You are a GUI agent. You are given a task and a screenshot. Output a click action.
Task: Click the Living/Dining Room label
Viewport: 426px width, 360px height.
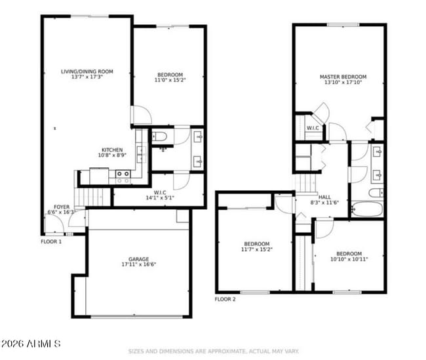click(x=87, y=71)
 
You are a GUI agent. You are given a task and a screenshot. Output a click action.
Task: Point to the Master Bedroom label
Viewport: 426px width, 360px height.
click(x=343, y=77)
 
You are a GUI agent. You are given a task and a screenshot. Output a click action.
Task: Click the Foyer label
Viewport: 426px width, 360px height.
click(x=62, y=207)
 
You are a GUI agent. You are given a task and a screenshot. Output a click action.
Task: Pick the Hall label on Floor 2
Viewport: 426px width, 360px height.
click(x=325, y=196)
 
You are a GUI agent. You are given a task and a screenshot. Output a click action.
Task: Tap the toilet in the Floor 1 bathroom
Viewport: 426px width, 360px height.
click(x=159, y=137)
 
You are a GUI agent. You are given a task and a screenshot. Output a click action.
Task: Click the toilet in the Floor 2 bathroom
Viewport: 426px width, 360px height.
click(x=375, y=193)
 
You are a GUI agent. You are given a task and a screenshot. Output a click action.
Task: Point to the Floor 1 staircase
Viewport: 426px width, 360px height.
click(x=90, y=196)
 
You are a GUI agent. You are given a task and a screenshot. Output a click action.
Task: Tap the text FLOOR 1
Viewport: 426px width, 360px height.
click(x=51, y=241)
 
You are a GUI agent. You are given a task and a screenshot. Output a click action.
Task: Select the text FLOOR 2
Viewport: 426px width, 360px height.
click(x=225, y=299)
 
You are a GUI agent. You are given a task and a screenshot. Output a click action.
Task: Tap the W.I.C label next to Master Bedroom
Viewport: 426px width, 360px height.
click(x=313, y=128)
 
